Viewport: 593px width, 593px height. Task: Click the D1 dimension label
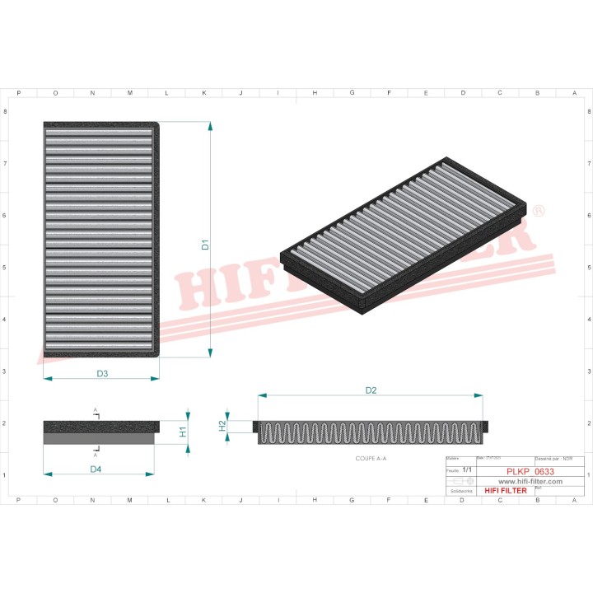[206, 245]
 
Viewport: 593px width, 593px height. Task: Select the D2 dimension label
[371, 390]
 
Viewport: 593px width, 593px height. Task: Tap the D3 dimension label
[102, 374]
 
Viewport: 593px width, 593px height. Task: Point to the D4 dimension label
[96, 469]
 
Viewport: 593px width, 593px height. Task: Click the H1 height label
[184, 430]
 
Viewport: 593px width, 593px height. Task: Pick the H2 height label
[222, 426]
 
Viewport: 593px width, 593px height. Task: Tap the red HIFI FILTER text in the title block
[504, 491]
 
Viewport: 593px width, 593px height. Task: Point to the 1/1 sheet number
[468, 468]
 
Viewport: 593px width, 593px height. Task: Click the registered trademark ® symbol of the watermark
[539, 212]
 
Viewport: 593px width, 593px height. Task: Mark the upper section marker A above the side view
[96, 410]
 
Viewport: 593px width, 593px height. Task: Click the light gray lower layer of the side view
[99, 440]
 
